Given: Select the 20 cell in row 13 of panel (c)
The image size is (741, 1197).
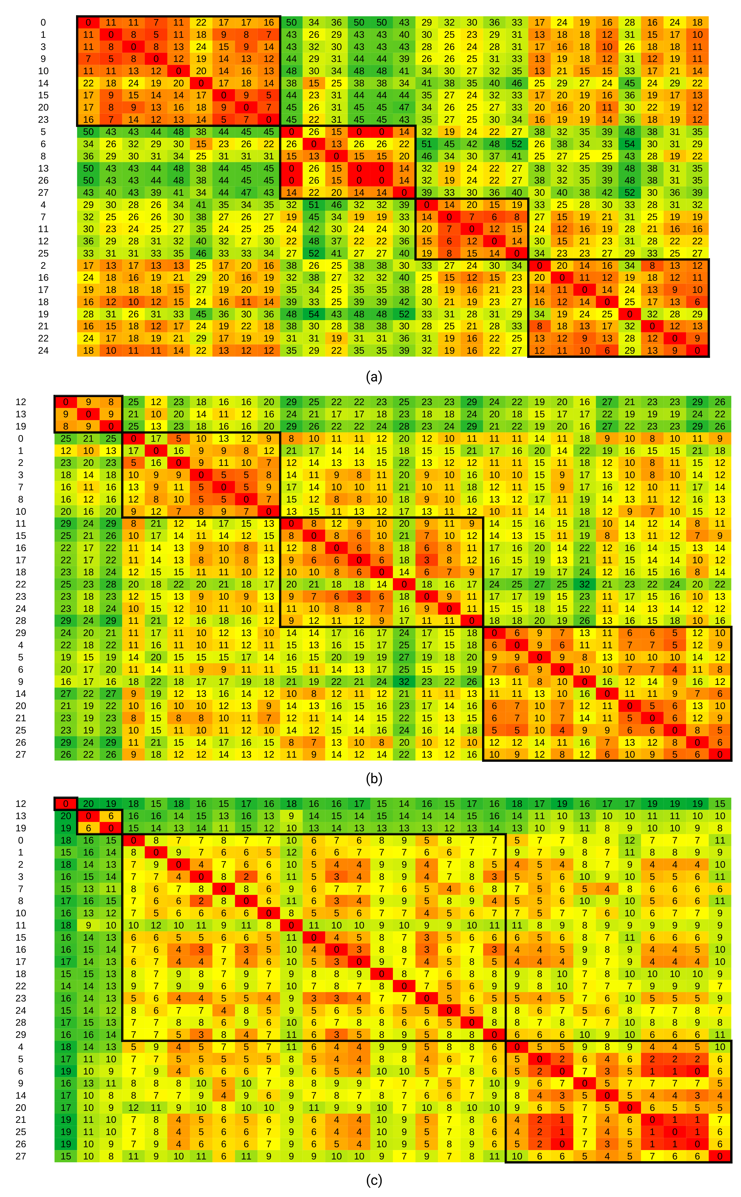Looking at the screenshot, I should (66, 816).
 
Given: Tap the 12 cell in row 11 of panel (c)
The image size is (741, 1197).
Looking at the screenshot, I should (156, 925).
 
